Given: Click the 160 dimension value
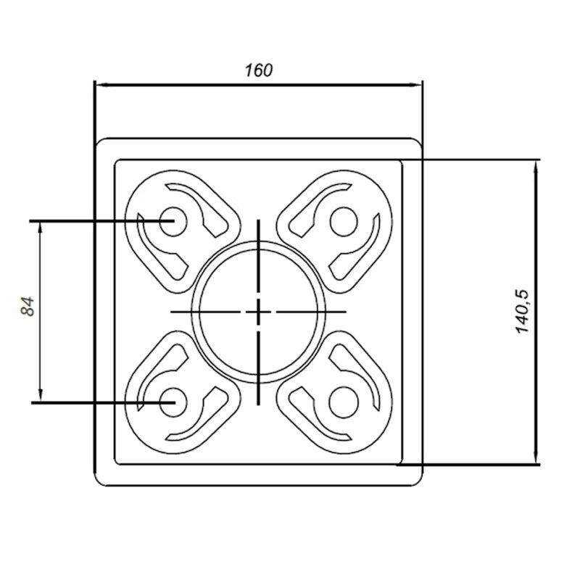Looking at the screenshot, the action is tap(259, 70).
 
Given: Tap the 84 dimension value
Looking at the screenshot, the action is tap(28, 306).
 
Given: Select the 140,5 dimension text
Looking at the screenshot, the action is tap(523, 312).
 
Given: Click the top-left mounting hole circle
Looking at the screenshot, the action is tap(173, 222).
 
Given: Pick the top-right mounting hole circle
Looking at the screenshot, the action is tap(344, 222).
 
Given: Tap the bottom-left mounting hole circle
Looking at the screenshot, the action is tap(173, 402).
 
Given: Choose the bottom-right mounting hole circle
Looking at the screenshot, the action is tap(344, 402).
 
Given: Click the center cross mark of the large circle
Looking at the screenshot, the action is tap(258, 312).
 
